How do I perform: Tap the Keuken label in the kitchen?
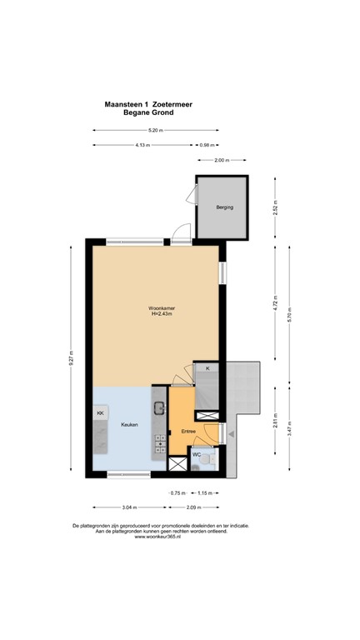tap(129, 424)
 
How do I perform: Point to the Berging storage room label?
tap(223, 207)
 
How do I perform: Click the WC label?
tap(197, 455)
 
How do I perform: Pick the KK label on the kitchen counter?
tap(100, 413)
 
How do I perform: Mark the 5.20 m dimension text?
tap(155, 131)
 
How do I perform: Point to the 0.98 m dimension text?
tap(207, 146)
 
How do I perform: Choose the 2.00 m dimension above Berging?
tap(221, 160)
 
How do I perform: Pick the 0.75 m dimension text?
tap(176, 493)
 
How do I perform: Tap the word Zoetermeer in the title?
tap(168, 104)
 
